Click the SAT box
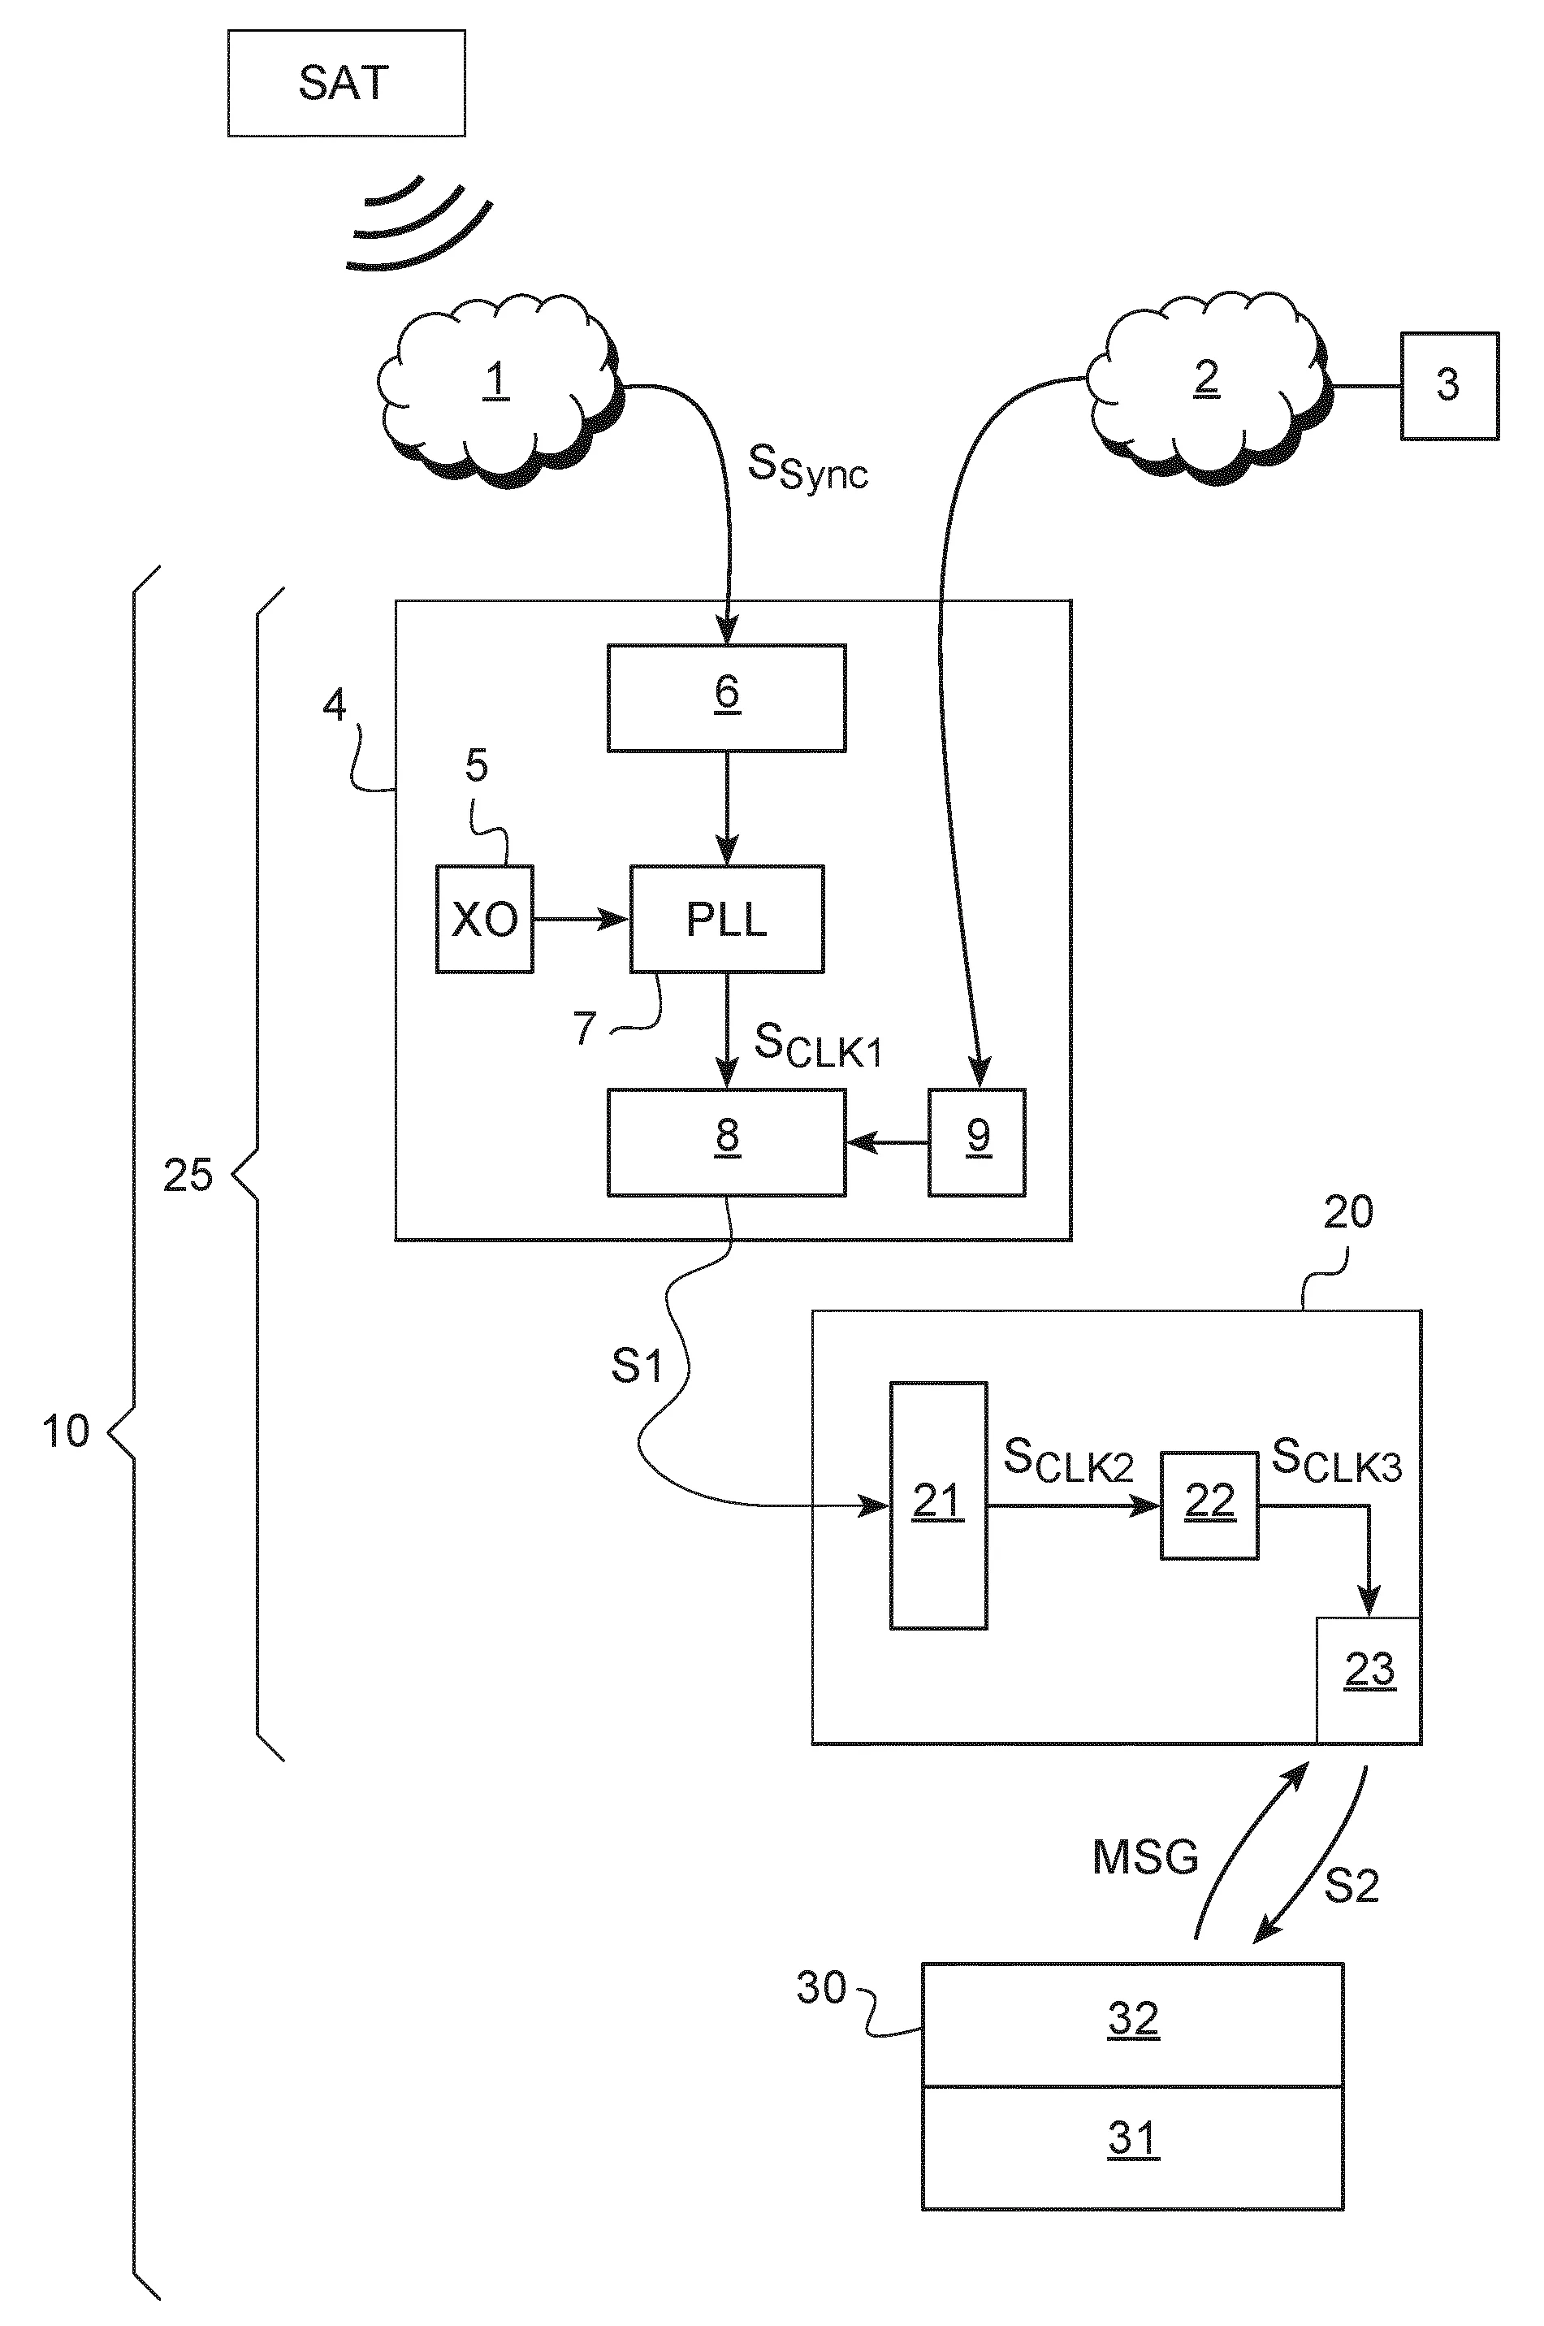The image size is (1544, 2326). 346,83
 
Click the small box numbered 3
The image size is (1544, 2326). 1448,385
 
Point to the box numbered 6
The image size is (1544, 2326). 726,697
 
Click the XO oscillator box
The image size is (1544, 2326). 484,919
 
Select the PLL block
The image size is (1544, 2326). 726,919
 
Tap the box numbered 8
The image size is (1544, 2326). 726,1141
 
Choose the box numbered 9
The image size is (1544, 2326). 977,1141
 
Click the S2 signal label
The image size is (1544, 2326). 1351,1885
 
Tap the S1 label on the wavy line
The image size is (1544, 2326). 636,1366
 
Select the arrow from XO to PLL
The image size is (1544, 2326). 581,919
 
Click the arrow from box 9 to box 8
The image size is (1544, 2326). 886,1142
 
